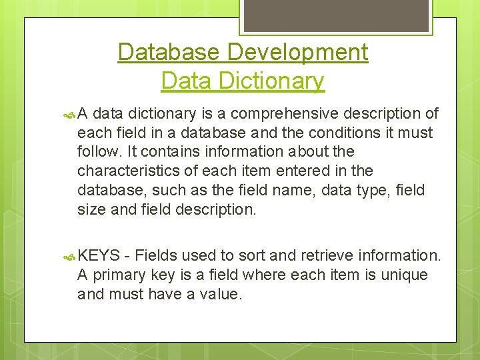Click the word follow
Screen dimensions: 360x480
tap(97, 152)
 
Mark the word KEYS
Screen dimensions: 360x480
tap(99, 255)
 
